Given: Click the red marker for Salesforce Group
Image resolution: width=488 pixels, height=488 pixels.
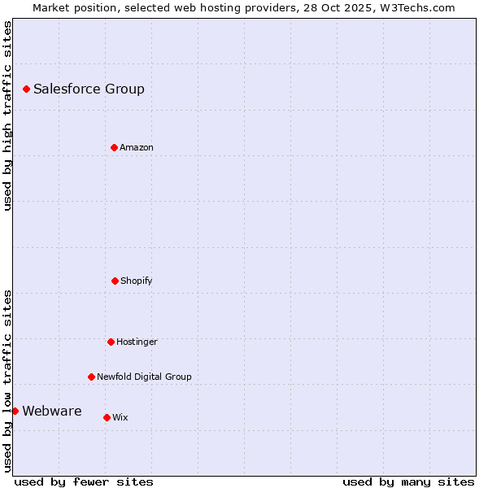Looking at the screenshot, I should [26, 89].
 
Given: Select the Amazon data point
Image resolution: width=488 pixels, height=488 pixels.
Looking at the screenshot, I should [114, 147].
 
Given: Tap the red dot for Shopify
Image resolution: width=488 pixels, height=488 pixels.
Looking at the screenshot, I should [115, 281].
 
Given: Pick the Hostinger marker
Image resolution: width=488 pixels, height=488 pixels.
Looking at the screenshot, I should [111, 342].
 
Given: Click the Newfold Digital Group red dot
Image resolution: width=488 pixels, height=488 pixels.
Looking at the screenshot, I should [91, 377].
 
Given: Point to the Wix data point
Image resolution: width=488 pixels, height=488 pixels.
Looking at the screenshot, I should [107, 417].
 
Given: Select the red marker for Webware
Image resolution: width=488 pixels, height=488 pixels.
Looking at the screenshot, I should [15, 411].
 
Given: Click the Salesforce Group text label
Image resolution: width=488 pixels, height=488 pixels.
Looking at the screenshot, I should [89, 89].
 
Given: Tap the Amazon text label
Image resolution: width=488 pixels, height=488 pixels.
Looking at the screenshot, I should [137, 147].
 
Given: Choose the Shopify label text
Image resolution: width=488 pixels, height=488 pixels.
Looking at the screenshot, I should [137, 281].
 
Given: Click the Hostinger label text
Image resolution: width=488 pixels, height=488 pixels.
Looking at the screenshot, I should [137, 342].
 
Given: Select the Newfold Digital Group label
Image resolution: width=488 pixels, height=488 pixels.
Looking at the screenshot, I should [144, 377].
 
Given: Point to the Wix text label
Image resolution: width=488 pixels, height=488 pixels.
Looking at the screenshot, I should [120, 417].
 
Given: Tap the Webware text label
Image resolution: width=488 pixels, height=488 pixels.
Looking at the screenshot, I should [51, 411].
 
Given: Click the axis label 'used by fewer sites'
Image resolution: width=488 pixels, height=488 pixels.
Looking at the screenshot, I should [84, 481].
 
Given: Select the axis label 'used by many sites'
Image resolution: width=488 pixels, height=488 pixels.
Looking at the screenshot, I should [408, 481].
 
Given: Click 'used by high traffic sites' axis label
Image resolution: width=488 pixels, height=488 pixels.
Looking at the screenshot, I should [7, 115].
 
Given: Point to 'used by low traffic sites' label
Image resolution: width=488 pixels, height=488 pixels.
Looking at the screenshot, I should [7, 381].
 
